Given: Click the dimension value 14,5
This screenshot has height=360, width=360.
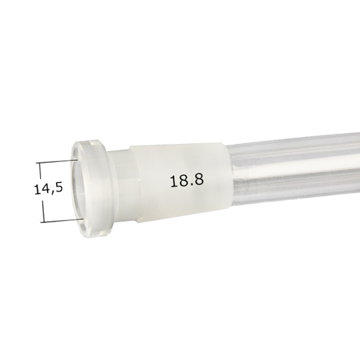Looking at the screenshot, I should coord(48,189).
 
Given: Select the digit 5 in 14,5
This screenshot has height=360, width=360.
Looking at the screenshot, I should coord(58,189).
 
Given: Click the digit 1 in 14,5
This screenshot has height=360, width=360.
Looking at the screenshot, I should coord(37,189).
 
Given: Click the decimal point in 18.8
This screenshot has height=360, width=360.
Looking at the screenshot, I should coord(187,186).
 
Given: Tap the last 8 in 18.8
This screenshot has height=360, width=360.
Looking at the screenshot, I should coord(194,181).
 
